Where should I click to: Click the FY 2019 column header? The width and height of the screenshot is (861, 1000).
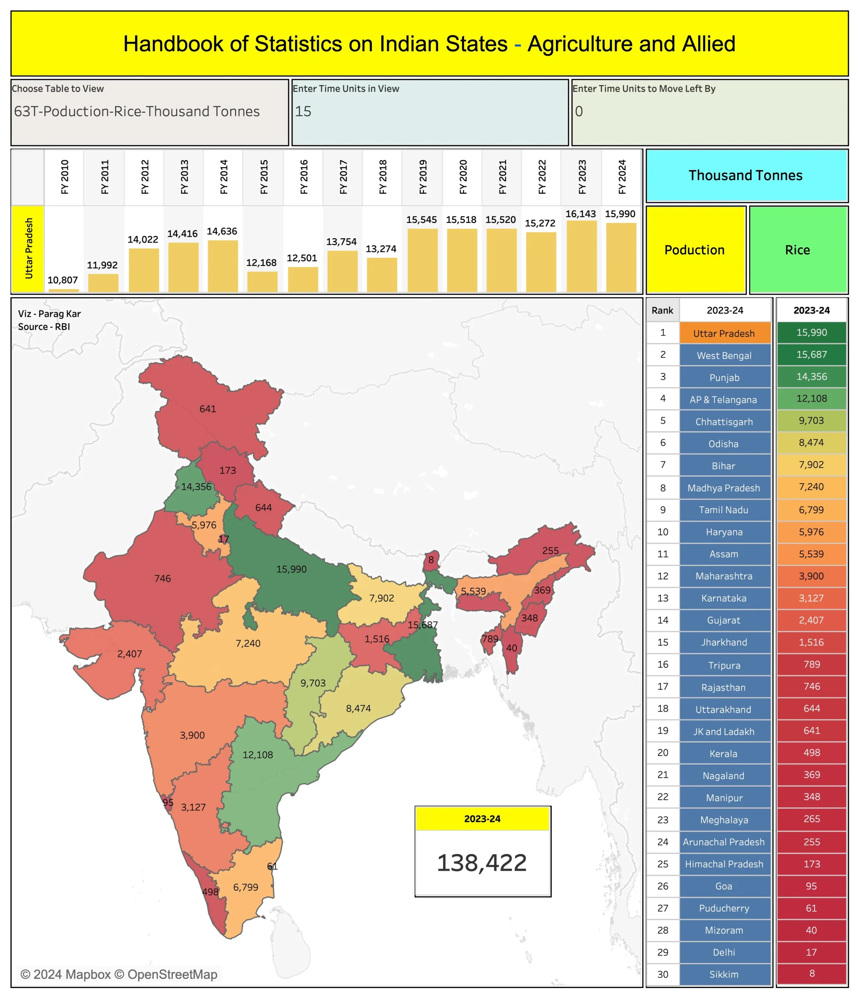[x=422, y=177]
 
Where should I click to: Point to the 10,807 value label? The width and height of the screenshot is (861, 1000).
[x=63, y=280]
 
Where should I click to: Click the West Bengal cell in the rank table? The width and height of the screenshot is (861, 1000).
[x=724, y=356]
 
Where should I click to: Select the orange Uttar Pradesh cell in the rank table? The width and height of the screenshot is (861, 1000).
[x=724, y=334]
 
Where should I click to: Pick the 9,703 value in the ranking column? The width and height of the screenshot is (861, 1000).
[x=811, y=420]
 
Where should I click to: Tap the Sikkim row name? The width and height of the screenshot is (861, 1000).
[x=724, y=975]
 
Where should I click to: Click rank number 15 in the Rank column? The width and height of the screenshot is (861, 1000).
[x=662, y=642]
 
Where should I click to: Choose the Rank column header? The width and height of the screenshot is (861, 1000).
[x=662, y=310]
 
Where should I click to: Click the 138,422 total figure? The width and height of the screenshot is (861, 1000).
[x=482, y=863]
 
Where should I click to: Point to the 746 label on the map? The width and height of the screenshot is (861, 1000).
[x=163, y=578]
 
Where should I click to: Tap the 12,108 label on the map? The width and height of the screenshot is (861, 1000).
[x=258, y=755]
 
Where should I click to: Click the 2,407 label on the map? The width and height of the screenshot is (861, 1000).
[x=129, y=654]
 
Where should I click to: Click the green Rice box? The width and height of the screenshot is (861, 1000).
[x=798, y=250]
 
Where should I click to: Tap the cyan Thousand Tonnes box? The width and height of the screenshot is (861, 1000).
[x=746, y=176]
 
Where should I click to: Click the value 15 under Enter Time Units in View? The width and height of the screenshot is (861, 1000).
[x=304, y=111]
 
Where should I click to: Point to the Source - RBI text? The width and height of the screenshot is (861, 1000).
[x=44, y=327]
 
